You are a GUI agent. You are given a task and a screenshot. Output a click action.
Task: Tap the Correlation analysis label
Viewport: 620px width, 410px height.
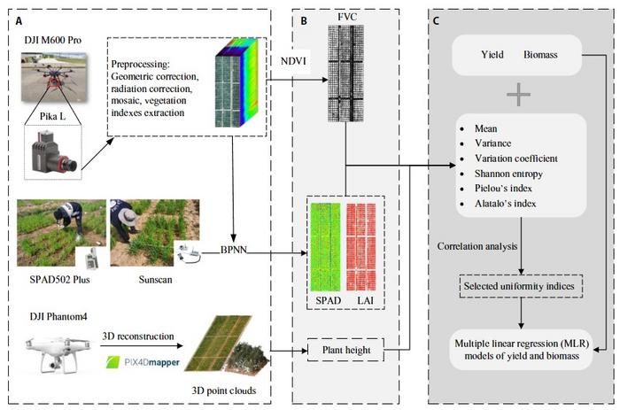pyautogui.click(x=472, y=245)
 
